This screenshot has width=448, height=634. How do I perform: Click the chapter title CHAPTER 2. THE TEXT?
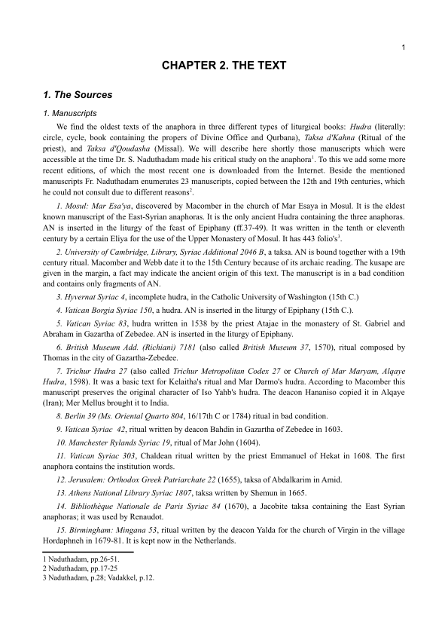[x=224, y=66]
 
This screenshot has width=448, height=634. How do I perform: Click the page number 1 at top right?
[x=404, y=48]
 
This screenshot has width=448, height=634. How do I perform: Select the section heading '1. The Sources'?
[x=78, y=96]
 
